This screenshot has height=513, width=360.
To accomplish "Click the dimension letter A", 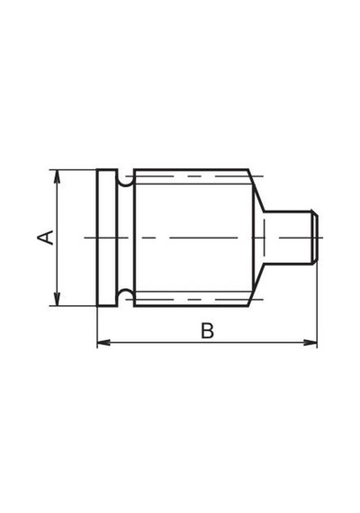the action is pyautogui.click(x=45, y=238).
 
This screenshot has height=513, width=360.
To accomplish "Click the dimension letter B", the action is pyautogui.click(x=207, y=331).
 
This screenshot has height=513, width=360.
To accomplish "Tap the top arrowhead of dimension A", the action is pyautogui.click(x=58, y=176).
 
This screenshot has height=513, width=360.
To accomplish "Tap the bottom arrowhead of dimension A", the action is pyautogui.click(x=58, y=299).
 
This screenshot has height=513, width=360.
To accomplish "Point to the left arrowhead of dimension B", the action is pyautogui.click(x=104, y=343).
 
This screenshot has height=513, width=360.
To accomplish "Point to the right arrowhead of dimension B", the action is pyautogui.click(x=310, y=343).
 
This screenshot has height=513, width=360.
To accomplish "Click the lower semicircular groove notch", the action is pyautogui.click(x=125, y=292).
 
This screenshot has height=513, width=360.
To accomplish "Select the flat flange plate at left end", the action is pyautogui.click(x=107, y=238).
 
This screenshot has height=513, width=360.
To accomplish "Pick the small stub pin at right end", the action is pyautogui.click(x=290, y=238).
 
